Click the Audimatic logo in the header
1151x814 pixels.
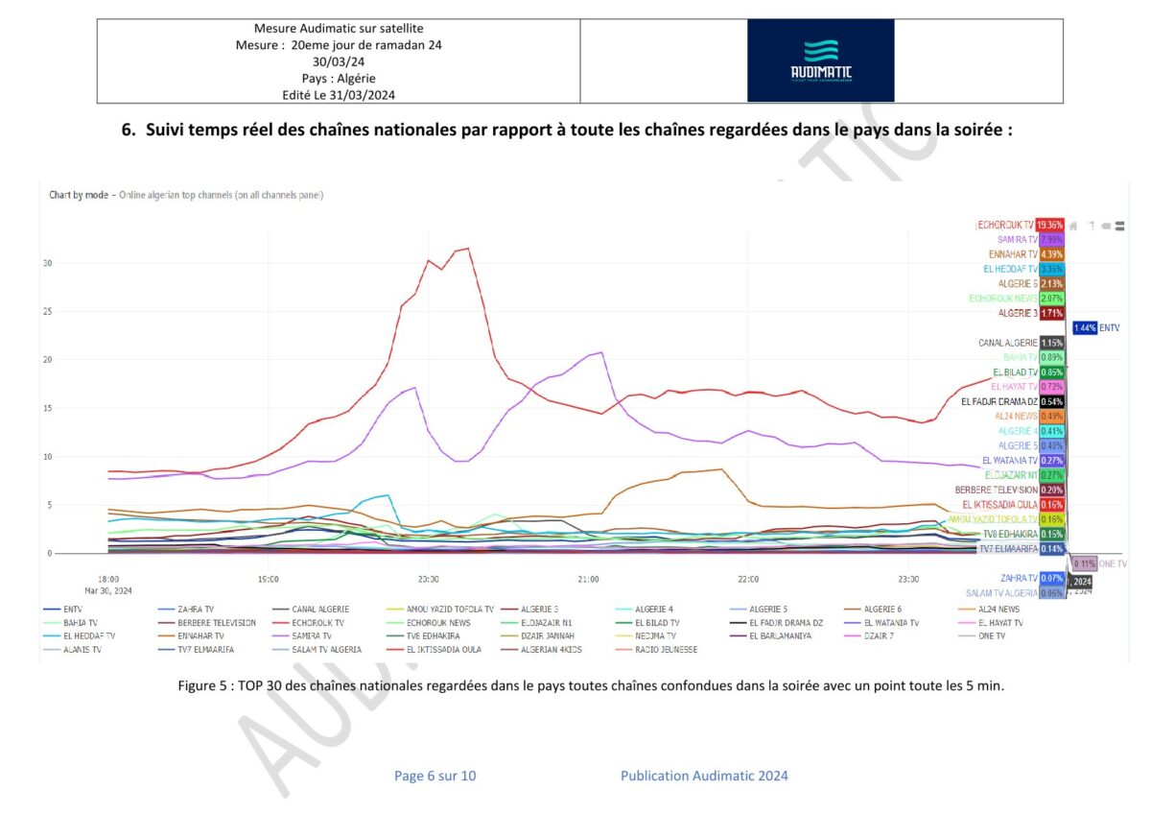click(x=820, y=60)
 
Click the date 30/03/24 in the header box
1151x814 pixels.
click(x=339, y=61)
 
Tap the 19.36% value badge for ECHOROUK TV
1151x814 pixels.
click(x=1050, y=225)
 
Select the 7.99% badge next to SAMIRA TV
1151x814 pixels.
click(x=1050, y=239)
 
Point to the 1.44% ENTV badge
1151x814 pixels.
click(x=1085, y=327)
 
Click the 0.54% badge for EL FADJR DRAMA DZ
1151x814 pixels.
click(x=1051, y=401)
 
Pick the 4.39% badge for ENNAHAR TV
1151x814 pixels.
click(x=1050, y=254)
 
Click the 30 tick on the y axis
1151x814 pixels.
click(x=46, y=263)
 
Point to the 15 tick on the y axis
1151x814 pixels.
click(x=46, y=408)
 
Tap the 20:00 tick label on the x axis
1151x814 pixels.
click(x=428, y=579)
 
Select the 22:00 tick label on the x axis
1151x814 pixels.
click(x=748, y=579)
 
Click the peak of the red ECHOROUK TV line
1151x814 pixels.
click(x=467, y=249)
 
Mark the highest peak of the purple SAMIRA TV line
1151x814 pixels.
click(x=601, y=352)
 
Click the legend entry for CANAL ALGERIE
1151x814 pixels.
click(x=305, y=609)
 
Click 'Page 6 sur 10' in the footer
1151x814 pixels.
click(x=435, y=776)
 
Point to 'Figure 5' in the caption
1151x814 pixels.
click(x=202, y=685)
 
